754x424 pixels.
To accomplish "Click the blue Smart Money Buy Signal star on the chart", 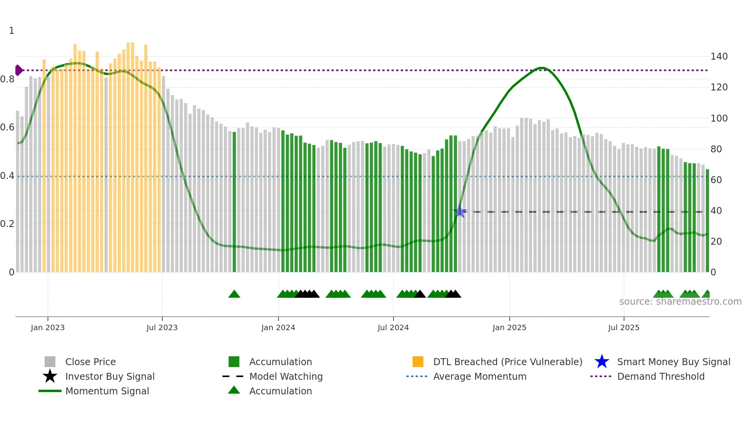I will [x=460, y=211].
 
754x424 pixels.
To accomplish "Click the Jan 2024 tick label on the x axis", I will [x=278, y=327].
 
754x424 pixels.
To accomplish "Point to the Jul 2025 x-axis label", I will [x=624, y=327].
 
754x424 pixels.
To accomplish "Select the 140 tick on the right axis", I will [x=719, y=57].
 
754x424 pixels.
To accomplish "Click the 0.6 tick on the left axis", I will [x=7, y=127].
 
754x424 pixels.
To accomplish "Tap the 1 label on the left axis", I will [x=12, y=31].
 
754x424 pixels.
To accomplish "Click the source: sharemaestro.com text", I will [x=680, y=302].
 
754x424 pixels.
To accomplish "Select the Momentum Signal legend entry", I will [x=107, y=391].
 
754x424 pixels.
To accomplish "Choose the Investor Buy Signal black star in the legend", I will [x=50, y=376].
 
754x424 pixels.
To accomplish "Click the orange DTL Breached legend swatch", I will [x=418, y=362].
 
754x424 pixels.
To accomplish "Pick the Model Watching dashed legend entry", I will [x=285, y=376].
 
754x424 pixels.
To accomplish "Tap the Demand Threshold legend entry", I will [x=661, y=376].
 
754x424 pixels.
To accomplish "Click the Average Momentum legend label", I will [x=479, y=376].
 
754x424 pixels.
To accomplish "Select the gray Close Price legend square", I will [x=50, y=362].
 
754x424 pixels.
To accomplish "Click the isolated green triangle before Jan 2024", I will [x=234, y=294].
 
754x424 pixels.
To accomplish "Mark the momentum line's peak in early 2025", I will [x=541, y=68].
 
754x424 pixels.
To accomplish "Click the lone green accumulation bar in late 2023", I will [x=234, y=202].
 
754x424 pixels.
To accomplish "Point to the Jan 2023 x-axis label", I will [x=48, y=327].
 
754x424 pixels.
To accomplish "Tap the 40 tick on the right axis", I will [x=716, y=211].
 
